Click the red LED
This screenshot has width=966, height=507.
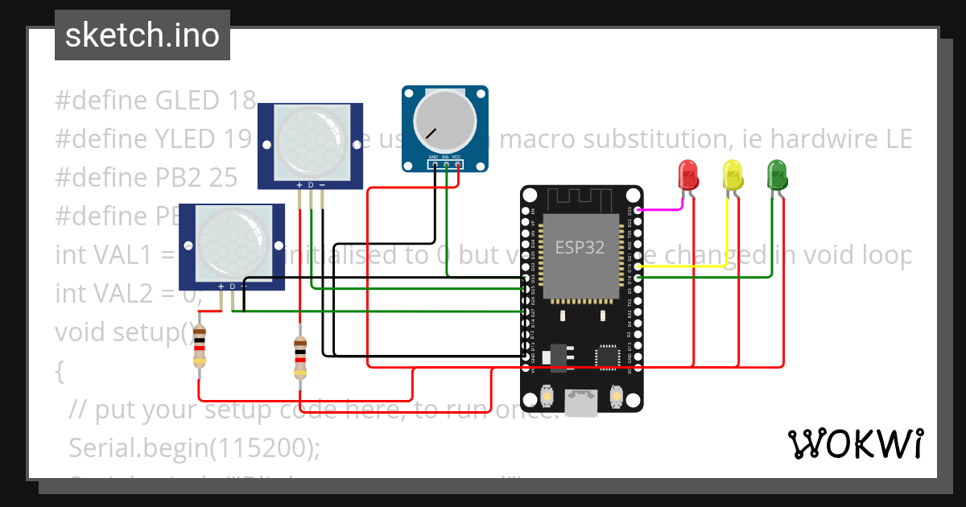click(688, 175)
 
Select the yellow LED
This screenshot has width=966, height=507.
click(733, 175)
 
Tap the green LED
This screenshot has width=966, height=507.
click(777, 175)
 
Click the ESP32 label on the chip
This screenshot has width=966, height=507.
click(580, 247)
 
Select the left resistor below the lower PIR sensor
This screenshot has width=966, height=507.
click(200, 352)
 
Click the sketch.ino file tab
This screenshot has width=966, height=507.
click(142, 35)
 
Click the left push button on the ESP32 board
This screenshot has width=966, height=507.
click(546, 397)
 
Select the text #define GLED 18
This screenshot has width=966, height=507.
click(155, 101)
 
